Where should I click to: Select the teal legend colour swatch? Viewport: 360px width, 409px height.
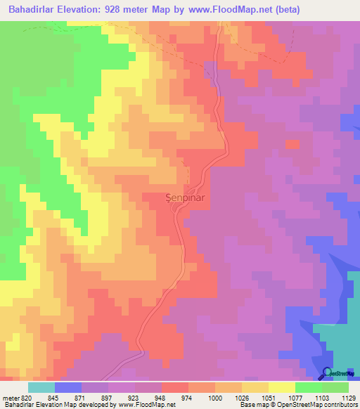point(41,387)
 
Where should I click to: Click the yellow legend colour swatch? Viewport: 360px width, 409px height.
point(281,387)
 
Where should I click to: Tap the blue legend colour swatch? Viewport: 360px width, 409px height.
point(68,387)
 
